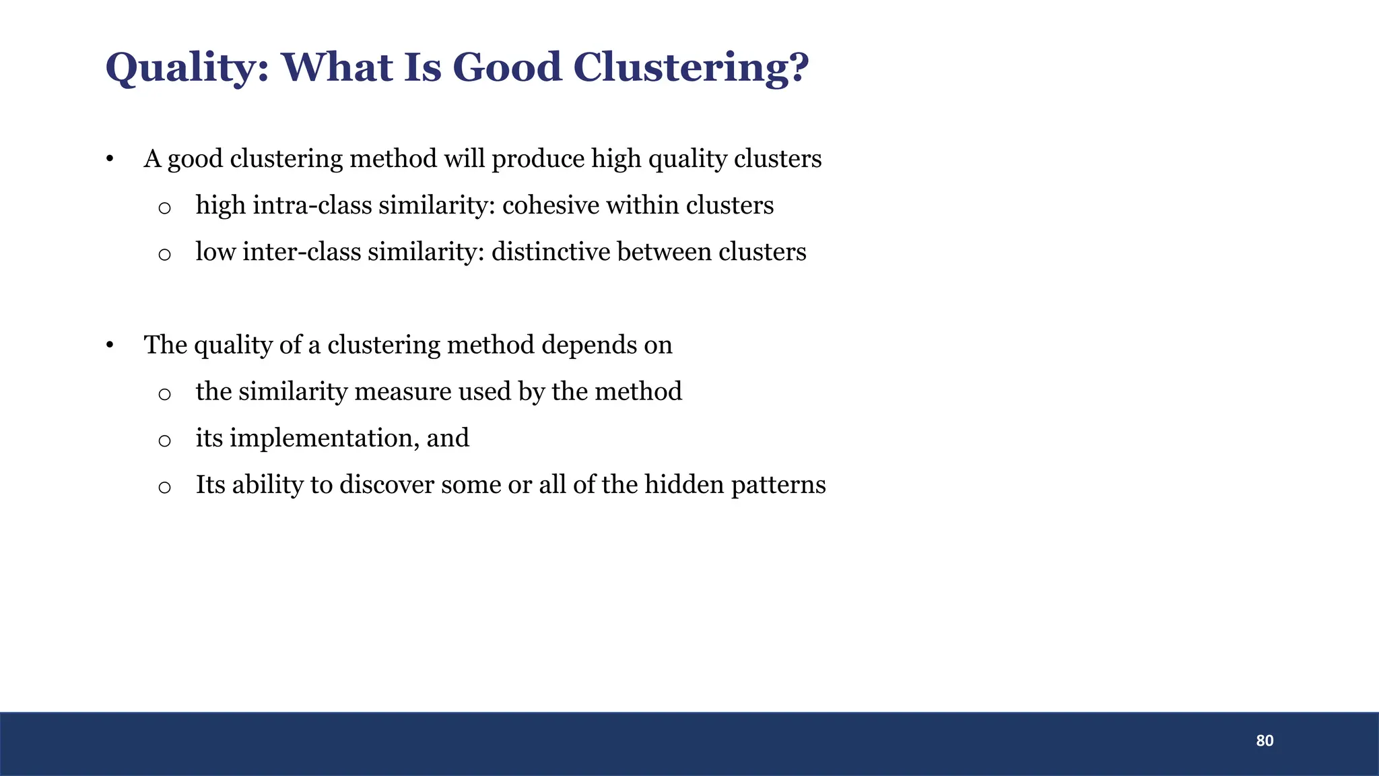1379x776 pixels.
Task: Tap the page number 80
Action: (1265, 741)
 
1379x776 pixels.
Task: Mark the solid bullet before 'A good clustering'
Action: (109, 160)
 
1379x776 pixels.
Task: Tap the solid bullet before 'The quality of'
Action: (109, 346)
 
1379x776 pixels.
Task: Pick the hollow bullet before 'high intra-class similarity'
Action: (164, 207)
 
